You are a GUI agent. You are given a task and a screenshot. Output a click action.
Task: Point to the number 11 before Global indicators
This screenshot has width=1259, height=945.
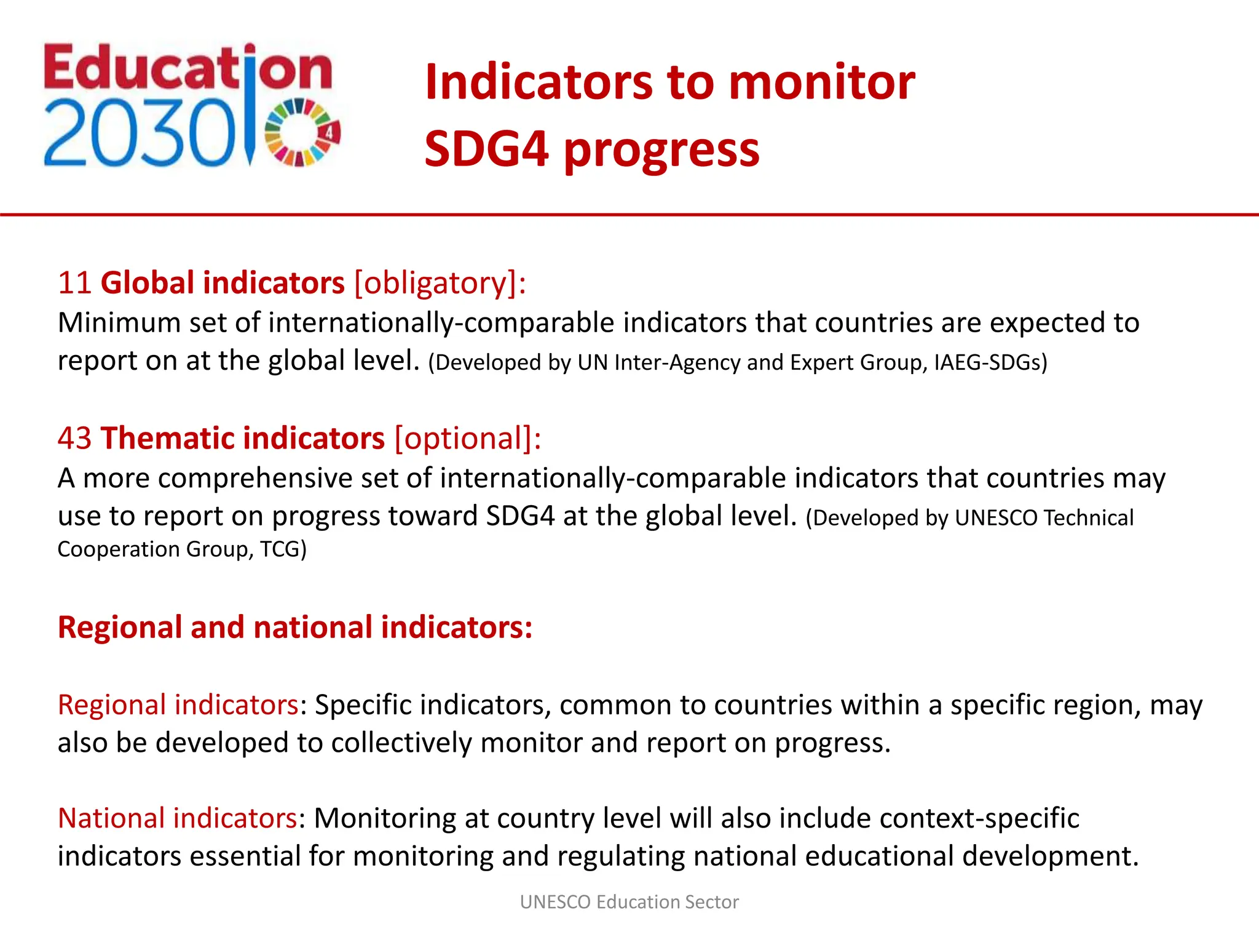[74, 283]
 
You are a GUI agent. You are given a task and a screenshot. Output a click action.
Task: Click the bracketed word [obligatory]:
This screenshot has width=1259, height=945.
[440, 283]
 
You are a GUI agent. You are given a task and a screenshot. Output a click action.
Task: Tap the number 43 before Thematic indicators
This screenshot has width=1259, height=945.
[74, 439]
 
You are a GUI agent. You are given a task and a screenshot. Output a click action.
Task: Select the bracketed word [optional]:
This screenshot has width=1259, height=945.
[468, 439]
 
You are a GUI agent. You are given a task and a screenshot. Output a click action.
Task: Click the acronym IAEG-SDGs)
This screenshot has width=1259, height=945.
[990, 362]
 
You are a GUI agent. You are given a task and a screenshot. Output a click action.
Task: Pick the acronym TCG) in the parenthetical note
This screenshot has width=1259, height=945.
[283, 549]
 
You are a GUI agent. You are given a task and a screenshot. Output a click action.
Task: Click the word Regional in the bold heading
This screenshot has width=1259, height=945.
[120, 628]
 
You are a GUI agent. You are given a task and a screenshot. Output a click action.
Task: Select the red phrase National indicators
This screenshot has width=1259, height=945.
[178, 818]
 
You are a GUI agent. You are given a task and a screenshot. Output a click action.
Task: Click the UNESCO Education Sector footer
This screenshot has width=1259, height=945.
[629, 902]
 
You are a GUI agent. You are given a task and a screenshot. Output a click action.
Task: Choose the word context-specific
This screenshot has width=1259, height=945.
[979, 818]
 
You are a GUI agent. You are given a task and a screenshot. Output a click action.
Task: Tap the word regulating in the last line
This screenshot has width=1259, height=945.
[621, 856]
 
